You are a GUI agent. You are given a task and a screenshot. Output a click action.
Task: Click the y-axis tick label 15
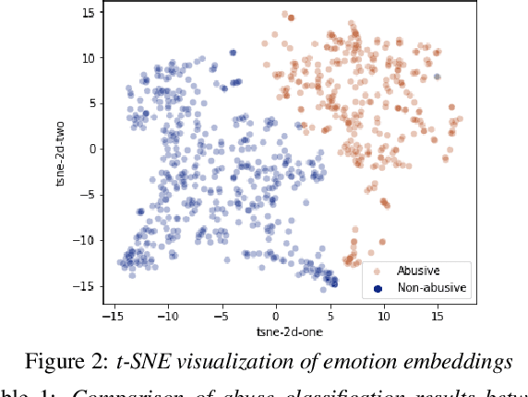[88, 13]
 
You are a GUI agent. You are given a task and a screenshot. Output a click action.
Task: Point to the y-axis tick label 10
[88, 58]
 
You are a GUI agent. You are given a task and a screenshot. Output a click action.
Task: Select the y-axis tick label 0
[90, 149]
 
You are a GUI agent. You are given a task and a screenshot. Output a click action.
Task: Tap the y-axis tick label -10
[85, 240]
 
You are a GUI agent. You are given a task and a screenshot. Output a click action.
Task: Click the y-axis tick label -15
[85, 285]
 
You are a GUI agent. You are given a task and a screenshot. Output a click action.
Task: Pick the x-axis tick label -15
[114, 317]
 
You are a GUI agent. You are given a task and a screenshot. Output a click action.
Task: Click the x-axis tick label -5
[222, 317]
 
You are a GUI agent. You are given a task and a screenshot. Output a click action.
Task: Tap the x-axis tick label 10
[384, 317]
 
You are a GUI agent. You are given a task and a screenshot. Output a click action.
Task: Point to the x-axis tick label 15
[438, 317]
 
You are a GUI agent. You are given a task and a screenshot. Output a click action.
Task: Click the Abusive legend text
[418, 271]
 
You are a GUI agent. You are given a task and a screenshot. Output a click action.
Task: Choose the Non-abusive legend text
[431, 288]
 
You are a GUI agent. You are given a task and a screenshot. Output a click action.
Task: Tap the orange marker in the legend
[378, 271]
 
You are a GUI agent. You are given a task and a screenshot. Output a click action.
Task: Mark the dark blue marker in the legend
[378, 288]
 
